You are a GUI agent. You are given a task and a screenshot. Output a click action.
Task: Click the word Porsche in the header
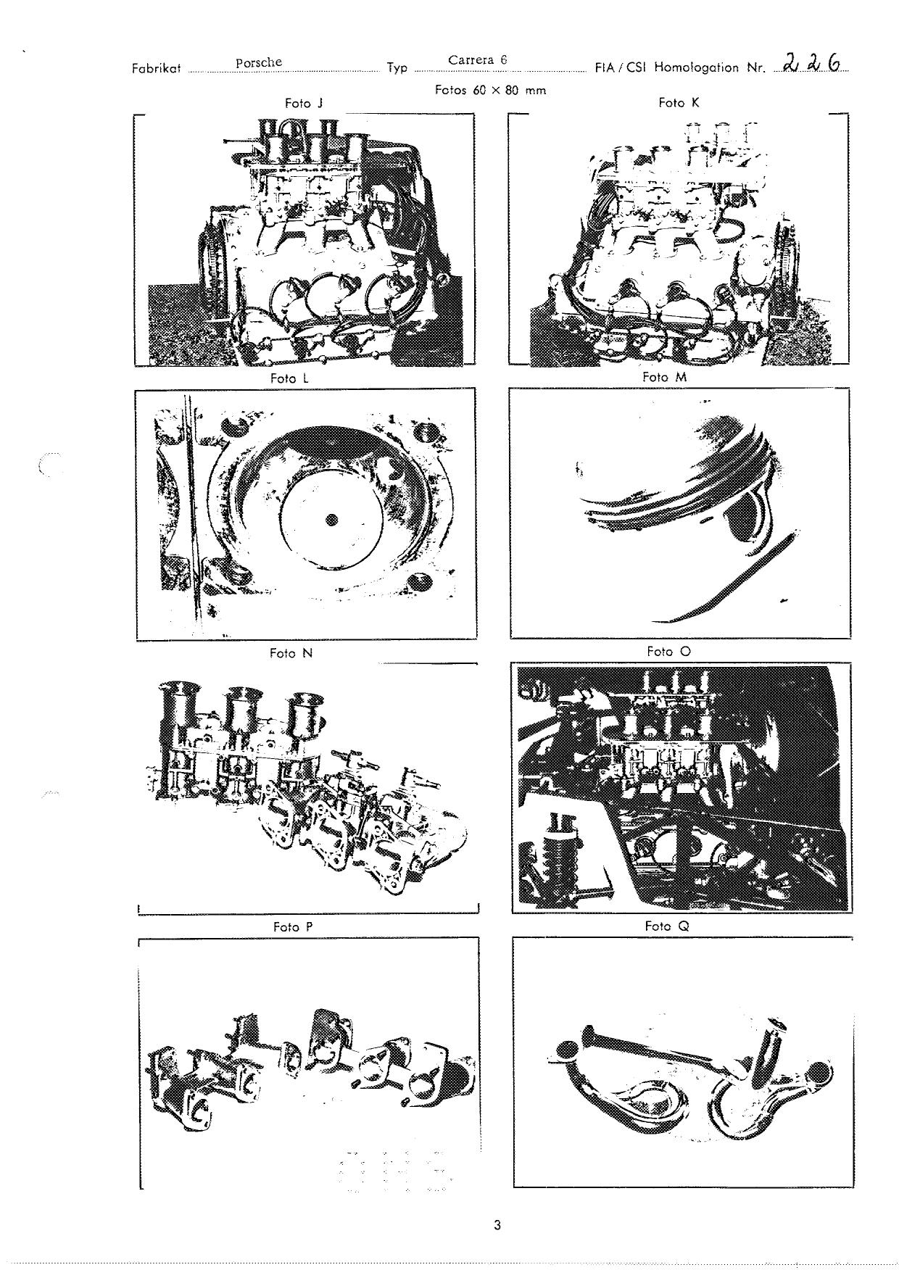click(x=259, y=62)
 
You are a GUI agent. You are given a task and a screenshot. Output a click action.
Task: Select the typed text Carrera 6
click(x=478, y=60)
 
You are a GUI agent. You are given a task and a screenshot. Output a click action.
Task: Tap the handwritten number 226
click(x=813, y=64)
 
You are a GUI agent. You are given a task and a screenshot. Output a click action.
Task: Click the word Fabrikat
click(x=156, y=69)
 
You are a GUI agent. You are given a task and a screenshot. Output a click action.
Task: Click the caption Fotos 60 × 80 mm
click(x=490, y=91)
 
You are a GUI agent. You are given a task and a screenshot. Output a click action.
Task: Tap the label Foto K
click(x=679, y=103)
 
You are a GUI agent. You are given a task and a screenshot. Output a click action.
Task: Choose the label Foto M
click(x=664, y=377)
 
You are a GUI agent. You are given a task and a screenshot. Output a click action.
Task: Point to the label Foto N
click(x=291, y=653)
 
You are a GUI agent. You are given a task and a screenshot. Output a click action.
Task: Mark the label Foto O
click(x=668, y=652)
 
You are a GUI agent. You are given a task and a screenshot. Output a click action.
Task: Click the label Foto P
click(x=293, y=927)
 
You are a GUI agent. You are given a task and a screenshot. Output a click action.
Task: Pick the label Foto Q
click(x=667, y=926)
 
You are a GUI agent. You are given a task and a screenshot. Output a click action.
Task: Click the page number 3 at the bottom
click(x=497, y=1226)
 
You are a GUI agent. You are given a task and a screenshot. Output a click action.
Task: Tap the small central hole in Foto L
click(x=331, y=520)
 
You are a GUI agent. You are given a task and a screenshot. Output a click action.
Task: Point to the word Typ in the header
click(x=397, y=69)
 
